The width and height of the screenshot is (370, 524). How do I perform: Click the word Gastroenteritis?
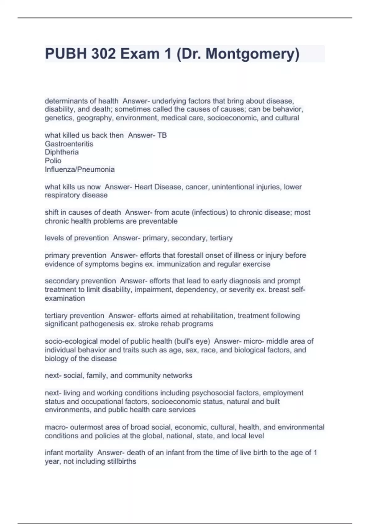(x=69, y=144)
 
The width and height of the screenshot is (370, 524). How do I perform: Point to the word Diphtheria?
(x=62, y=152)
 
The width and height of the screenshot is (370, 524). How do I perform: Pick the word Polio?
(x=53, y=161)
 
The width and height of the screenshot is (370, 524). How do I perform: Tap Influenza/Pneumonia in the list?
(x=80, y=170)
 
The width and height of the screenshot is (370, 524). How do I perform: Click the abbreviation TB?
(x=162, y=135)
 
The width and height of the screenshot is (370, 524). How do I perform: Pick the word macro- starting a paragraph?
(x=56, y=427)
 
